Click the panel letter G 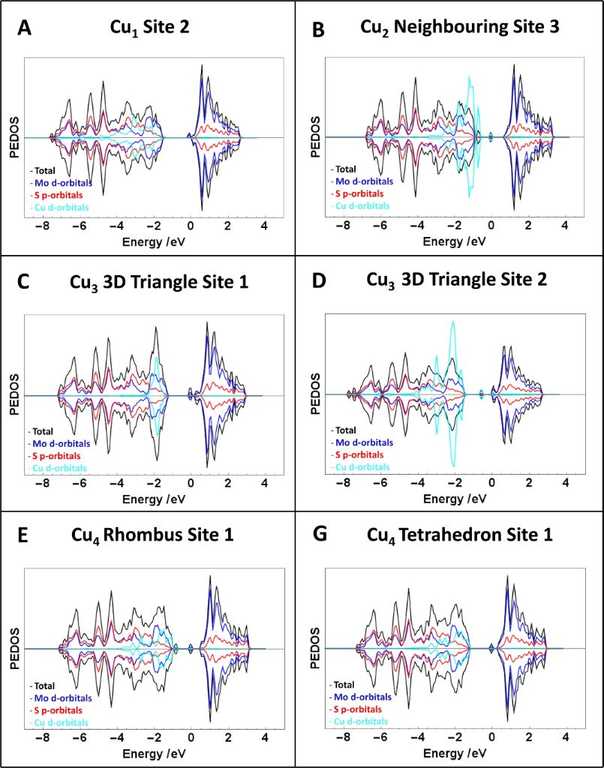319,536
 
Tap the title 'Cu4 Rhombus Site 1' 152,535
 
